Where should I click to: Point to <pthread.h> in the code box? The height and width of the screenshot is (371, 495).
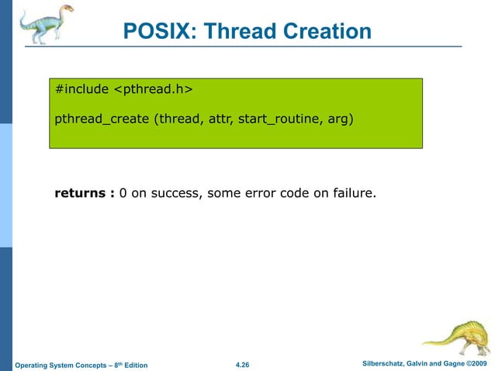[x=153, y=90]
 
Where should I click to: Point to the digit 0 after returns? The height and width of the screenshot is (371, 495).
[x=123, y=192]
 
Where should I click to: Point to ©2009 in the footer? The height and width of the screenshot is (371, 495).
[x=476, y=364]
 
